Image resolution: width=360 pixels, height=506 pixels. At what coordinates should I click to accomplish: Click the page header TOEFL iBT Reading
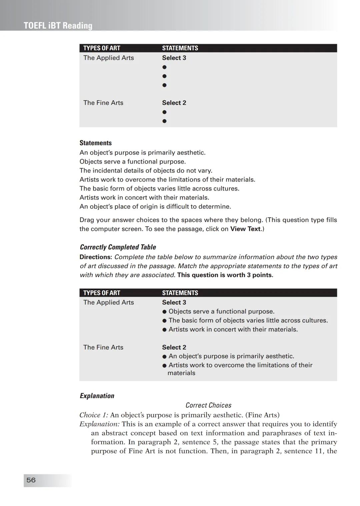pyautogui.click(x=58, y=26)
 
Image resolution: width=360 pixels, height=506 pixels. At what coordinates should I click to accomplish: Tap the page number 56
pyautogui.click(x=31, y=480)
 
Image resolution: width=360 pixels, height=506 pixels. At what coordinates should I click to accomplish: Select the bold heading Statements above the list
pyautogui.click(x=96, y=143)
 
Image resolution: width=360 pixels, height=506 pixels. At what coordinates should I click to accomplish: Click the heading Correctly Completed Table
pyautogui.click(x=118, y=247)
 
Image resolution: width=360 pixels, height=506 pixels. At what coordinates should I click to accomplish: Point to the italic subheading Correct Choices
pyautogui.click(x=208, y=405)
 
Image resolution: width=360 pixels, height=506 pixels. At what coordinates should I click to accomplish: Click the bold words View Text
pyautogui.click(x=245, y=229)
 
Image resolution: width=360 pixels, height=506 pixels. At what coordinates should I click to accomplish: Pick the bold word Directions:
pyautogui.click(x=95, y=257)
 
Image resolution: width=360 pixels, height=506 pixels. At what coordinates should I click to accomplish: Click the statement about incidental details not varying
pyautogui.click(x=146, y=171)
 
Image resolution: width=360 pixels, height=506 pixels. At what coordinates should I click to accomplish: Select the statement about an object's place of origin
pyautogui.click(x=155, y=207)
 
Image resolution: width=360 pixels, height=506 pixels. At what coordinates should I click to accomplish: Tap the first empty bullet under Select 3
pyautogui.click(x=164, y=67)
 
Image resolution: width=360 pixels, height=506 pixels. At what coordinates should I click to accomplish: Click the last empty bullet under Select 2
pyautogui.click(x=164, y=121)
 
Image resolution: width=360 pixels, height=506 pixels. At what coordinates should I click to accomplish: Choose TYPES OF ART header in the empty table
pyautogui.click(x=102, y=48)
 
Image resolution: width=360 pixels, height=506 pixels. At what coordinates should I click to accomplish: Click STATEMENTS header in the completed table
pyautogui.click(x=180, y=293)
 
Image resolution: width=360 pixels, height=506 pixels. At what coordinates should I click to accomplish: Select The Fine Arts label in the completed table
pyautogui.click(x=103, y=347)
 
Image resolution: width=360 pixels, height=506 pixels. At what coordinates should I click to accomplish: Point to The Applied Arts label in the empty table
pyautogui.click(x=109, y=58)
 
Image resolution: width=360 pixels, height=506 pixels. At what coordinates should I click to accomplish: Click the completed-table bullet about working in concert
pyautogui.click(x=233, y=329)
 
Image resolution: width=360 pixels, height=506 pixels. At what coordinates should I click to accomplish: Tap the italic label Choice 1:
pyautogui.click(x=94, y=415)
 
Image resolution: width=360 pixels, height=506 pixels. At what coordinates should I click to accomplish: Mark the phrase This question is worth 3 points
pyautogui.click(x=225, y=275)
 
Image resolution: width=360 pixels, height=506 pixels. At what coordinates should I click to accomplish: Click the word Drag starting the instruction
pyautogui.click(x=87, y=220)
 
